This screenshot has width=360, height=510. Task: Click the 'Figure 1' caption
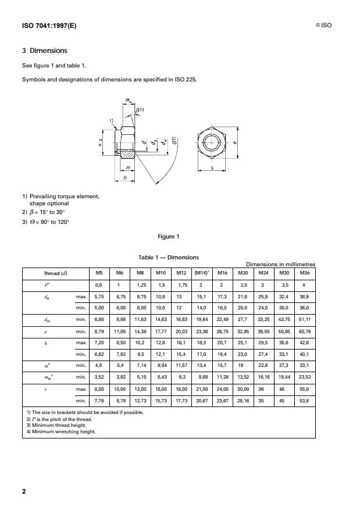(169, 237)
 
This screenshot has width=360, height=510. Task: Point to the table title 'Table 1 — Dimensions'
(169, 256)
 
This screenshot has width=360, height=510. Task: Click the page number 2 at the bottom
(24, 491)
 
